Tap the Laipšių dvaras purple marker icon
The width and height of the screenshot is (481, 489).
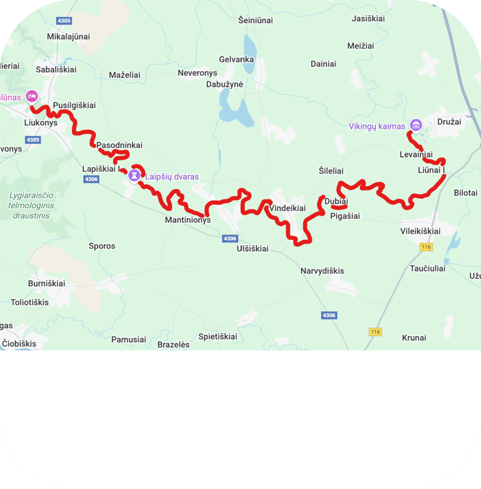tap(134, 176)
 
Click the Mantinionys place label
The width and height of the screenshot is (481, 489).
tap(188, 220)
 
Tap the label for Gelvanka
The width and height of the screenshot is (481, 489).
tap(236, 60)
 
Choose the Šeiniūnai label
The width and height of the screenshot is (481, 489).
tap(256, 21)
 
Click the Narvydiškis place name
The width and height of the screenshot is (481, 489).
tap(323, 271)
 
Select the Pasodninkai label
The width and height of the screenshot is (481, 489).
tap(120, 145)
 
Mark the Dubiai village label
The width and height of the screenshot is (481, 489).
tap(336, 201)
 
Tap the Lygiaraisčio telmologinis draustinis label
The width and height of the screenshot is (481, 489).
tap(32, 205)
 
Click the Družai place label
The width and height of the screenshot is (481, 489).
tap(449, 122)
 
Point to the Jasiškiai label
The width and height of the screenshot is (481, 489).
tap(368, 19)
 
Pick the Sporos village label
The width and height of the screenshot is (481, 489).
tap(102, 246)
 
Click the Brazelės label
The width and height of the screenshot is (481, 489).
tap(173, 344)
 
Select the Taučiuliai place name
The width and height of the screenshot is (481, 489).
tap(428, 268)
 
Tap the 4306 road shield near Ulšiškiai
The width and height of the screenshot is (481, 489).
tap(230, 238)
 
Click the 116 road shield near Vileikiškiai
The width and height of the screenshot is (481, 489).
tap(427, 247)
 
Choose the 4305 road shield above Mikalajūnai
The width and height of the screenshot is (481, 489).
tap(64, 21)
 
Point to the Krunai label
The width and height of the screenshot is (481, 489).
tap(414, 337)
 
